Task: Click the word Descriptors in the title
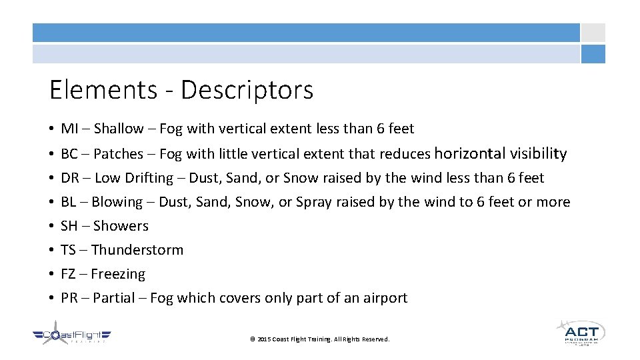pos(247,90)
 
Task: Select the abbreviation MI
pos(69,129)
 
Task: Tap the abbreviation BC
pos(69,154)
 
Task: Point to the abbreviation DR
pos(69,178)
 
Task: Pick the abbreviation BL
pos(68,202)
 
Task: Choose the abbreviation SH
pos(69,226)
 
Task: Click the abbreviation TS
pos(68,250)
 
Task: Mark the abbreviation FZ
pos(68,274)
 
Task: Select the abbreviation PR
pos(69,298)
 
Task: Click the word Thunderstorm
pos(137,250)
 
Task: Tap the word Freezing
pos(118,274)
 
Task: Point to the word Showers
pos(121,226)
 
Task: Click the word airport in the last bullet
pos(385,298)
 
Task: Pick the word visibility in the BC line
pos(538,154)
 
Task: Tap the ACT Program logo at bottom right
pos(579,332)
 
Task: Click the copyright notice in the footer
pos(319,339)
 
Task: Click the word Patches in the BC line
pos(118,154)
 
